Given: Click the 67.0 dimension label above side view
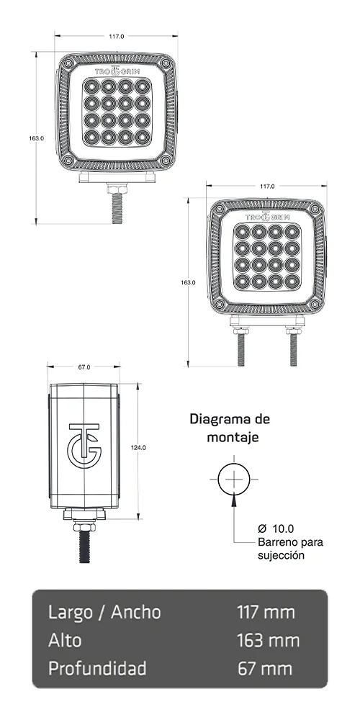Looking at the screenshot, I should click(x=84, y=367).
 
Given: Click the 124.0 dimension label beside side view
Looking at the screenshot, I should click(x=139, y=447).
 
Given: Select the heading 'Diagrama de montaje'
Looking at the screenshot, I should click(x=229, y=428).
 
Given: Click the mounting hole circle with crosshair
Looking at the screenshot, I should click(x=234, y=478).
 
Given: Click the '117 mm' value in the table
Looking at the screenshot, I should click(x=266, y=613).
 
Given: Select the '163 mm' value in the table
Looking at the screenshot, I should click(x=267, y=640).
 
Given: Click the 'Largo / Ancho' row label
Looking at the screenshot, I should click(x=104, y=613).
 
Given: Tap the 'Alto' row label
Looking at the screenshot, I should click(x=65, y=640).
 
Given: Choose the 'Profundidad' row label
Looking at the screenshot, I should click(x=97, y=668).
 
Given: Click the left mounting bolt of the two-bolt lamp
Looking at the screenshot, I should click(x=238, y=348).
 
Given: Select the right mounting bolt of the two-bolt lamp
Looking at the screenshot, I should click(x=293, y=348).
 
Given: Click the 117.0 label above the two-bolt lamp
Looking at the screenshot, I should click(x=266, y=186).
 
